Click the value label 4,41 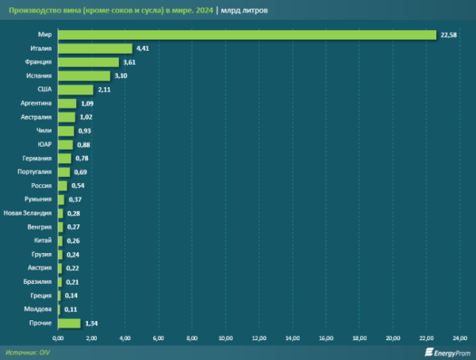(x=144, y=48)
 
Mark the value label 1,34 (x=92, y=323)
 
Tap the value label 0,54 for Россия (x=79, y=186)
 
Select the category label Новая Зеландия (x=28, y=213)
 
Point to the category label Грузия (x=41, y=255)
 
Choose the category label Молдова (x=39, y=309)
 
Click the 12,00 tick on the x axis (x=259, y=339)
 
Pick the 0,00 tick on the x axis (x=58, y=339)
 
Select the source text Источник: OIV (x=28, y=352)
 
